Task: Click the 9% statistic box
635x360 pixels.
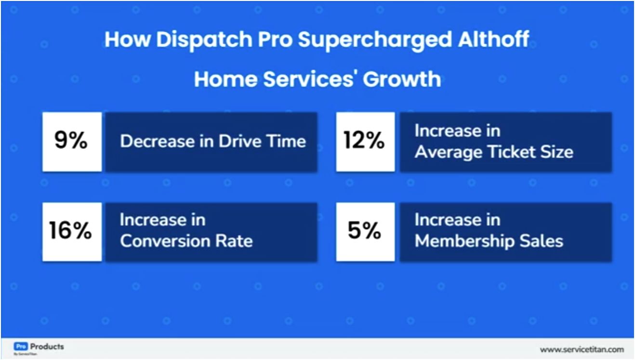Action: click(x=71, y=142)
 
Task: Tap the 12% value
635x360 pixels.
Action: click(x=365, y=142)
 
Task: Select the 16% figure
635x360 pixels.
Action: click(x=71, y=231)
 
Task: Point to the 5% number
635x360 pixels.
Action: click(x=365, y=231)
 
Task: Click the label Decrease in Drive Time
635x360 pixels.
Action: click(x=212, y=142)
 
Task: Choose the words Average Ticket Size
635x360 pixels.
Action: click(x=494, y=152)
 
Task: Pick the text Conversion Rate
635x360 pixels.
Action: click(x=186, y=241)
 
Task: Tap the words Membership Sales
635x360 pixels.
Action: click(x=489, y=241)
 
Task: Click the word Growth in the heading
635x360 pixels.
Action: click(x=402, y=79)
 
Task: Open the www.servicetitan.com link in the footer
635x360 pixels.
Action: click(x=582, y=349)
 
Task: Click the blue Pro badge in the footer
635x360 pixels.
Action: click(x=21, y=347)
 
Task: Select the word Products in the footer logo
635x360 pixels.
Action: click(x=47, y=347)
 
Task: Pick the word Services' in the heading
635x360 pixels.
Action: click(x=310, y=79)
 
